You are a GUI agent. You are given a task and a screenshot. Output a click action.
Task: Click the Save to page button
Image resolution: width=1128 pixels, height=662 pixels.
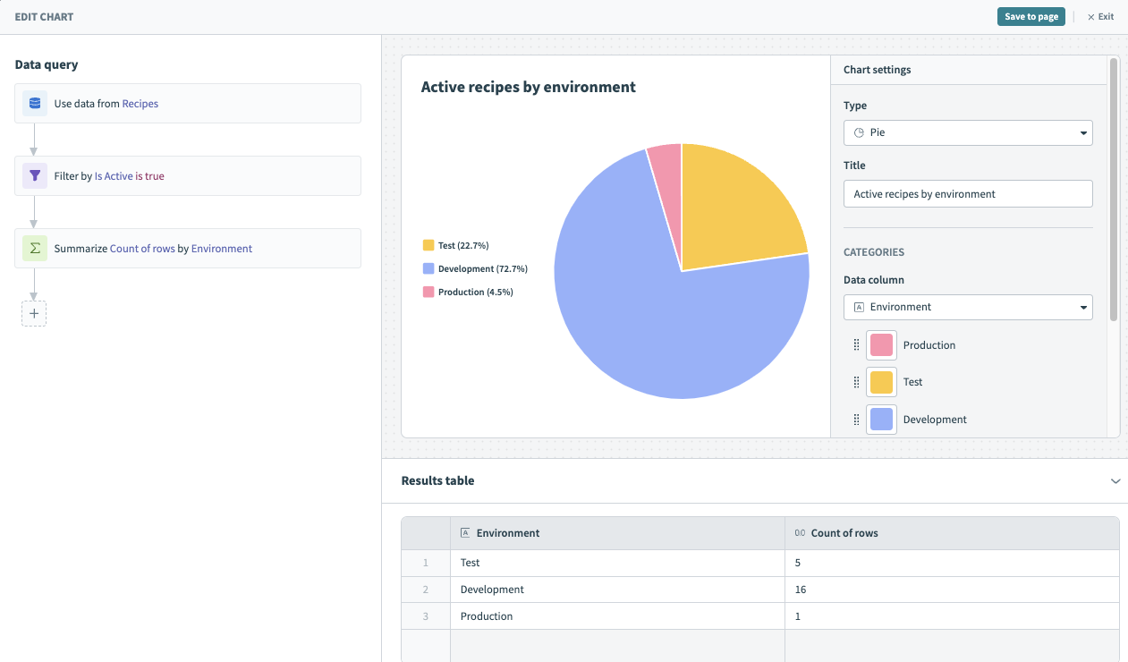[1030, 17]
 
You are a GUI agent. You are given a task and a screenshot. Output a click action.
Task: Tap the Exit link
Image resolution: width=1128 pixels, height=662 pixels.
[1101, 17]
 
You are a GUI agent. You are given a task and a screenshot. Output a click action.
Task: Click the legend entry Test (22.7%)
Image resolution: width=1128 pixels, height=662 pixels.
[456, 245]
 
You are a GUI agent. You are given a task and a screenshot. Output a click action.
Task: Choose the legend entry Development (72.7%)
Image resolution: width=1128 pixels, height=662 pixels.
[475, 268]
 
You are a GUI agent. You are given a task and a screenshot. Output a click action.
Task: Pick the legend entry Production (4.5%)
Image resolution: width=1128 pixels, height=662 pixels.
[468, 292]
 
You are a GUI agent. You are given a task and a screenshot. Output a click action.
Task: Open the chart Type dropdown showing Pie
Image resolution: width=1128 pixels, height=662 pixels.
[968, 132]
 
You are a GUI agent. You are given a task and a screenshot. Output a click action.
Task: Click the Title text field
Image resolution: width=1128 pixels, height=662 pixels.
[968, 194]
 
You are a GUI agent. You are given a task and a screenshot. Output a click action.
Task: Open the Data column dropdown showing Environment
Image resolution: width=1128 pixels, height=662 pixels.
[968, 307]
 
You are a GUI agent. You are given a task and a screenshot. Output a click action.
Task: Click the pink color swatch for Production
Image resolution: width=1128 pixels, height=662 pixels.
[881, 345]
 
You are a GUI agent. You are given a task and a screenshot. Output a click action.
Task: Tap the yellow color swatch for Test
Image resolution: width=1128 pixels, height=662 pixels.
[881, 382]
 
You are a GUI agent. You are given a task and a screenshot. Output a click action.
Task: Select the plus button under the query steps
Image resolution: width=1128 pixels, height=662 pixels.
[34, 314]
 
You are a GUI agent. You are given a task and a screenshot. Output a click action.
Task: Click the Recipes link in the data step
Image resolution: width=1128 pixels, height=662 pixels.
[140, 104]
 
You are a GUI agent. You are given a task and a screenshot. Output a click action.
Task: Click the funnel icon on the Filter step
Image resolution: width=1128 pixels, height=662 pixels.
[35, 176]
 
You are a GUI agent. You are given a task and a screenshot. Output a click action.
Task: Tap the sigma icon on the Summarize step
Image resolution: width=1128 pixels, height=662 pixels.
[35, 249]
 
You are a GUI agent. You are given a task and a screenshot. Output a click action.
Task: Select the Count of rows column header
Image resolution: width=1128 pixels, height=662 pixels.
[844, 533]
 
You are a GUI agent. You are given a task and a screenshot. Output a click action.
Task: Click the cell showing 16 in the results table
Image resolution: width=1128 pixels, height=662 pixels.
[801, 590]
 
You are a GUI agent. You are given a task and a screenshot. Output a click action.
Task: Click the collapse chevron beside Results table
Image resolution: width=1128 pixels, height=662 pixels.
[1115, 481]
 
